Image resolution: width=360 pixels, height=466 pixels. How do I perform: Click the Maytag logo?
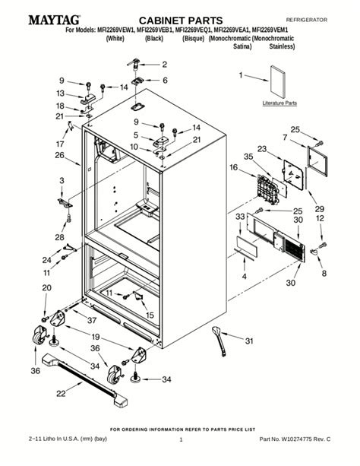click(x=55, y=20)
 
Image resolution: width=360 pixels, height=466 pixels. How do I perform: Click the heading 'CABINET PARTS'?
click(x=181, y=21)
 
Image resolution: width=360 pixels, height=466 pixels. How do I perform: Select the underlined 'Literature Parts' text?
click(x=279, y=103)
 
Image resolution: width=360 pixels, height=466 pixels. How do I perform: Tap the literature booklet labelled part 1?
click(x=278, y=81)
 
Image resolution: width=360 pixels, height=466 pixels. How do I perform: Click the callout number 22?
click(x=61, y=393)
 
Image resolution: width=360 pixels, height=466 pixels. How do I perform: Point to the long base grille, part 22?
click(x=85, y=380)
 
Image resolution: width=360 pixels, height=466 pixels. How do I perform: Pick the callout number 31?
click(x=249, y=341)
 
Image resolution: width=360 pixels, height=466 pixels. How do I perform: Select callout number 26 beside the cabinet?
click(x=60, y=155)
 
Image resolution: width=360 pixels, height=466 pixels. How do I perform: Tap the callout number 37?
click(x=92, y=320)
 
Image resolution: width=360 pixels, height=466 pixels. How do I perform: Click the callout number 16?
click(x=233, y=167)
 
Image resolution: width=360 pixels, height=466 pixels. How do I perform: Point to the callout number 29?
click(x=320, y=208)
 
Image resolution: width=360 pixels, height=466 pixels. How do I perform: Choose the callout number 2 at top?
click(x=165, y=64)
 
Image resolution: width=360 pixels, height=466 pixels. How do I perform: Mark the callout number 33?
click(x=240, y=217)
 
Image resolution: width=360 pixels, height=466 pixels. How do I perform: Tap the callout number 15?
click(x=150, y=315)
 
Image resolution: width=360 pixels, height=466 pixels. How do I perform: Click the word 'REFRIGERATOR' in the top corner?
click(x=307, y=20)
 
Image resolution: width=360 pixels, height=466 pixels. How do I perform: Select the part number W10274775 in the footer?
click(x=297, y=439)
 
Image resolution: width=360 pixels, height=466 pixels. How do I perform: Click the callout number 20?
click(x=46, y=287)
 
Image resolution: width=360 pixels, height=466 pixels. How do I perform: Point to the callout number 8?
click(x=324, y=273)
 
